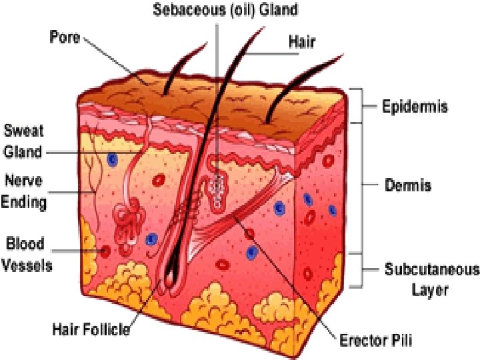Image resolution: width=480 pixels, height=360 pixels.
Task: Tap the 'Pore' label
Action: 65,37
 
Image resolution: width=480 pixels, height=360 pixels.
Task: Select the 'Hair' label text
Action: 302,41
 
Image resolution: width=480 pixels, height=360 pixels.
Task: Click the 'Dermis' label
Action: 408,185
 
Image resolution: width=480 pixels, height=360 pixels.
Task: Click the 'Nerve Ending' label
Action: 25,190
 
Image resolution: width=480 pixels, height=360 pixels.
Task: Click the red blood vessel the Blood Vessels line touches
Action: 105,251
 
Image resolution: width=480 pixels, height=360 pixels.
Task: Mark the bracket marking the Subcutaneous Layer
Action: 360,270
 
